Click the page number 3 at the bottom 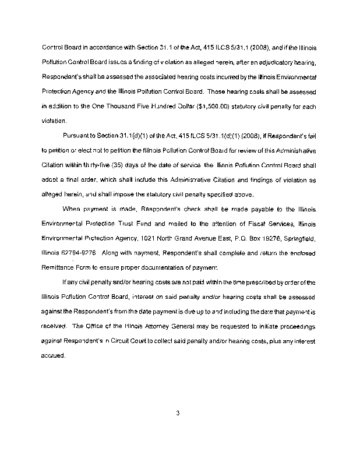(179, 414)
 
